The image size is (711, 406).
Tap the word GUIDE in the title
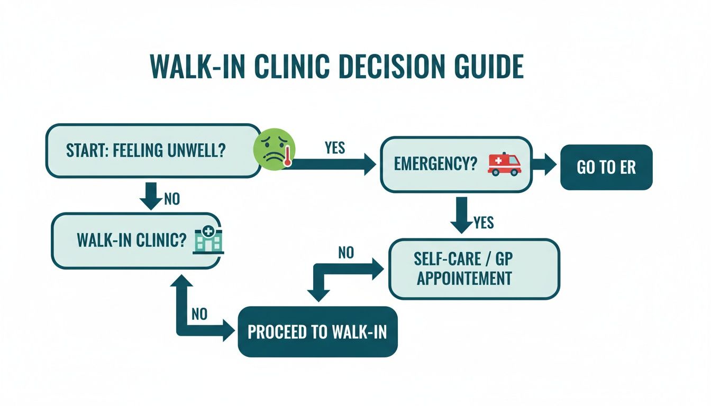pos(489,67)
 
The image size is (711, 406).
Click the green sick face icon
pos(274,149)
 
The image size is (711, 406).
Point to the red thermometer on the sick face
pos(288,156)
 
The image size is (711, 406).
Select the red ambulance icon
pos(504,164)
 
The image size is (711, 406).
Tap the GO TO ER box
pos(606,167)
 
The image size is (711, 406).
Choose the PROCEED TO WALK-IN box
pos(317,331)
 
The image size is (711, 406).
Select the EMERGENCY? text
pos(435,164)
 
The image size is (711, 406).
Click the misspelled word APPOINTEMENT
pos(464,278)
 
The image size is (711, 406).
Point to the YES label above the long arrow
pos(335,147)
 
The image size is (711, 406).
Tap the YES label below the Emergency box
pos(484,223)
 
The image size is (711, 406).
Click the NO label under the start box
pos(172,199)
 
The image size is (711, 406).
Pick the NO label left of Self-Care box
pos(346,253)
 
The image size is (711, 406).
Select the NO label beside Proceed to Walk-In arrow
pos(199,314)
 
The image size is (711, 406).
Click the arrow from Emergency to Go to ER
pos(544,164)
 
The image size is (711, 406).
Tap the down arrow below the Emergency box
pos(461,215)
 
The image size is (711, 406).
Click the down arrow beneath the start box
pos(151,196)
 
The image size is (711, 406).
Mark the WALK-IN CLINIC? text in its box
pos(131,240)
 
